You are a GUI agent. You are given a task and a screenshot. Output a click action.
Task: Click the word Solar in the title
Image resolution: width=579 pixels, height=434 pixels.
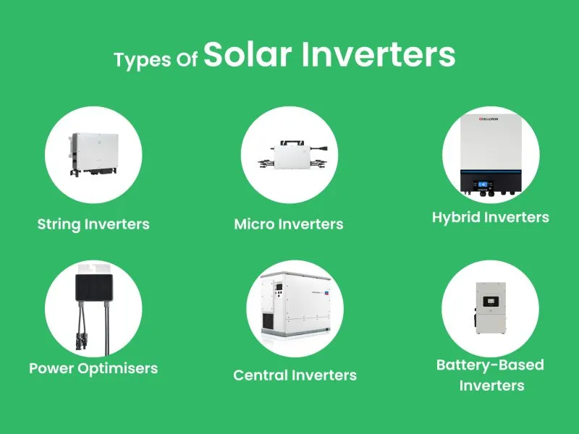click(258, 56)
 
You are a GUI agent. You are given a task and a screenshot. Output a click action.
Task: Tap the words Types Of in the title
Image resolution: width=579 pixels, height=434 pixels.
click(156, 60)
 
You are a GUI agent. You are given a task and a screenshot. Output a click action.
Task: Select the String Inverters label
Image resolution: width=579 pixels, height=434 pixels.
click(93, 224)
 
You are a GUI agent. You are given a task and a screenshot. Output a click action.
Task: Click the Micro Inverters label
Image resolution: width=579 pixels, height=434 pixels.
click(289, 224)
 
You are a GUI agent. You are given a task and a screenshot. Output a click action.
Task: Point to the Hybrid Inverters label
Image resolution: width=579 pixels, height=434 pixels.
click(490, 217)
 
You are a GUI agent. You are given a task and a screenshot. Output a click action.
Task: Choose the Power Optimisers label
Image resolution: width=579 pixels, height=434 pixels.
click(93, 368)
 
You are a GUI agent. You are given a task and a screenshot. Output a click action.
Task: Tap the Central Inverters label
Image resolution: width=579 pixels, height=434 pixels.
click(295, 375)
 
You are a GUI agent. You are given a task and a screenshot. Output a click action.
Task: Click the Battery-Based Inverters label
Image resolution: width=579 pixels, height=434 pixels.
click(490, 375)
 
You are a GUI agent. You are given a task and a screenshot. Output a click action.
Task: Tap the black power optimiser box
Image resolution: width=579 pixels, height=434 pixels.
click(93, 283)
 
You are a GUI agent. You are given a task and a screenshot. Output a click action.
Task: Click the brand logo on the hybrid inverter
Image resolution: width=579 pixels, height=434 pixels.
click(483, 119)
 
